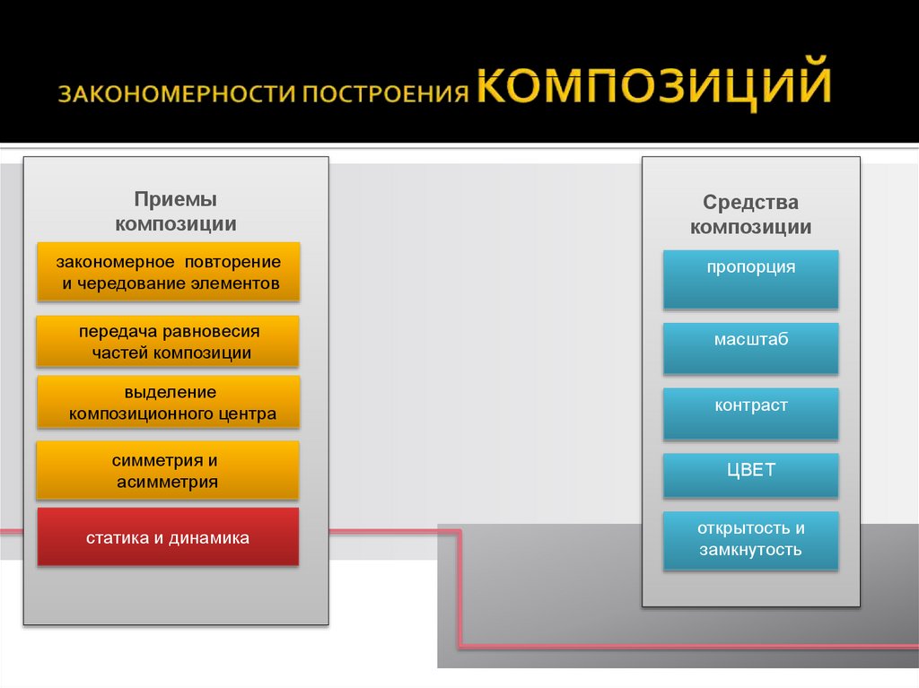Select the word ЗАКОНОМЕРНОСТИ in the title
pos(178,95)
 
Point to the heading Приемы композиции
pos(176,212)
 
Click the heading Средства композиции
pos(750,215)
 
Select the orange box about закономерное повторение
pos(168,272)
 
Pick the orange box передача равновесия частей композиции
pos(168,342)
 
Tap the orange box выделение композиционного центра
pos(168,403)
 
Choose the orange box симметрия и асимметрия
pos(168,471)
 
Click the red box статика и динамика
pos(168,537)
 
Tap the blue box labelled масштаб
pos(750,349)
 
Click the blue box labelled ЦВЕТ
pos(750,475)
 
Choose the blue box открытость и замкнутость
pos(750,541)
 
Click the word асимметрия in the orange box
pos(168,482)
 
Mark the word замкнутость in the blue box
pos(750,550)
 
